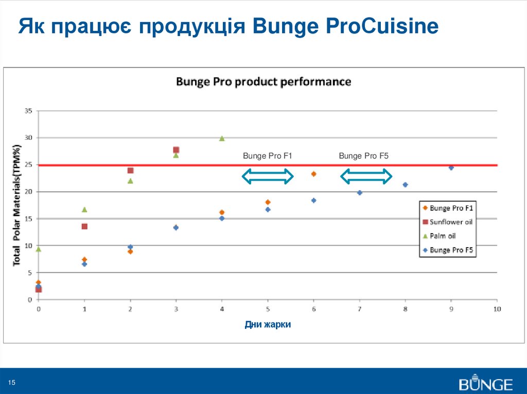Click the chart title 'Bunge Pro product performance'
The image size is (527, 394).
[x=263, y=82]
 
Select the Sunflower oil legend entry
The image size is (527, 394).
[x=451, y=222]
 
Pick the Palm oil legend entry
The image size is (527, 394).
[x=443, y=236]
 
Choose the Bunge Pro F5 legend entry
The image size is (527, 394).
[x=451, y=250]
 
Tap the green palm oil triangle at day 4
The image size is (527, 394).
[x=222, y=138]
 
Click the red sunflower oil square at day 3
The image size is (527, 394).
[x=176, y=150]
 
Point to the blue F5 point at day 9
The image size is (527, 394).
[x=451, y=167]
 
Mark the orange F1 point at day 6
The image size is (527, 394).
[x=313, y=174]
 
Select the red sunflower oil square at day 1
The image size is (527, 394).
[x=84, y=227]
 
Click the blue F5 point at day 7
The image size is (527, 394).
[x=360, y=193]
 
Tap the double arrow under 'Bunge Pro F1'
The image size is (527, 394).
[x=268, y=177]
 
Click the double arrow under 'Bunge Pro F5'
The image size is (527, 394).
[x=366, y=177]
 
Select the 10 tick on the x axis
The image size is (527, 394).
[x=497, y=309]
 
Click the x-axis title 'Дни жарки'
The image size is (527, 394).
[x=268, y=325]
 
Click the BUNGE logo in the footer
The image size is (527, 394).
[x=486, y=384]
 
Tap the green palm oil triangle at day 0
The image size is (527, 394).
[x=39, y=249]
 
